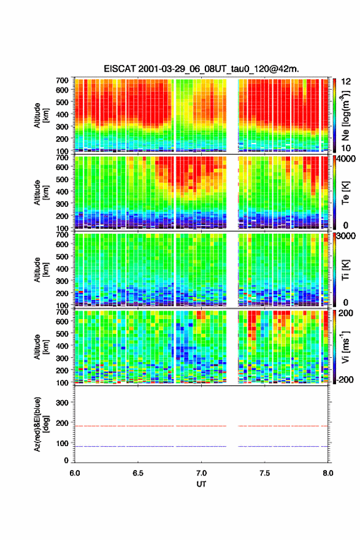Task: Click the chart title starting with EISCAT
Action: [201, 69]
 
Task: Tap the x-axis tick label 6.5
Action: [138, 473]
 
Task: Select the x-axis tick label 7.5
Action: [265, 473]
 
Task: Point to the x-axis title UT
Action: [201, 484]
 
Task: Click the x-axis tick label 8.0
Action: [328, 473]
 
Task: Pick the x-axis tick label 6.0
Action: [75, 473]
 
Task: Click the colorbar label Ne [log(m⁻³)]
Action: [345, 115]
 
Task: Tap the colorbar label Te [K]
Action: [345, 193]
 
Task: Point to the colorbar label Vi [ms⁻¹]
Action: [345, 347]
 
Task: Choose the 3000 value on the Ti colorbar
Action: [346, 236]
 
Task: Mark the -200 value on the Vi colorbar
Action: [344, 379]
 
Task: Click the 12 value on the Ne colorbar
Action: [346, 82]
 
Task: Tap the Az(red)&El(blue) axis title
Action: [42, 424]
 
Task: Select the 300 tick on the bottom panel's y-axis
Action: [63, 403]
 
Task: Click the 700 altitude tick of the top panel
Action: [63, 80]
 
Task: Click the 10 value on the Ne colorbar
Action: [346, 148]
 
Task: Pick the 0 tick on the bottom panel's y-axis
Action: [66, 460]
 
